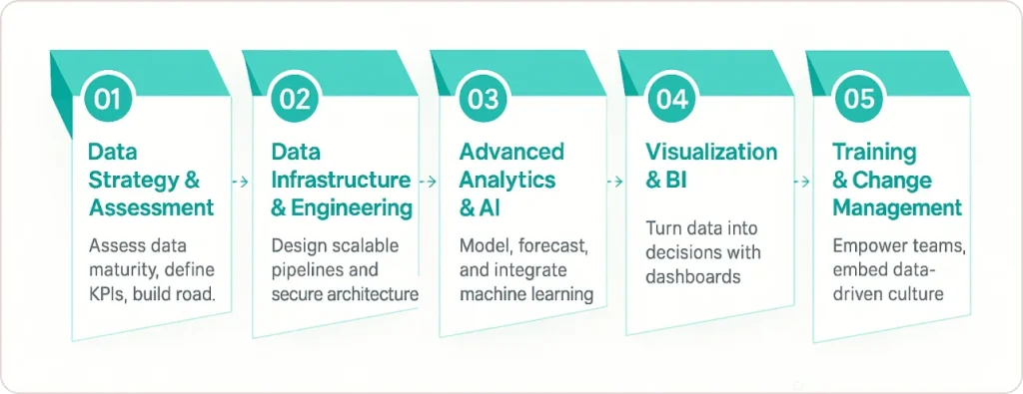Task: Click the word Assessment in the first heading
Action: (x=152, y=207)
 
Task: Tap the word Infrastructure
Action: (x=341, y=180)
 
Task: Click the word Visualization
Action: (x=710, y=152)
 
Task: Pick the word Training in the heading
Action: (x=874, y=152)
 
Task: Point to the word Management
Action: (x=897, y=207)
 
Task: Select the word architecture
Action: (x=374, y=293)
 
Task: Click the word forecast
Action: (x=556, y=245)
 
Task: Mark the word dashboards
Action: (x=693, y=275)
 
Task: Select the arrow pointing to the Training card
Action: (x=800, y=182)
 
